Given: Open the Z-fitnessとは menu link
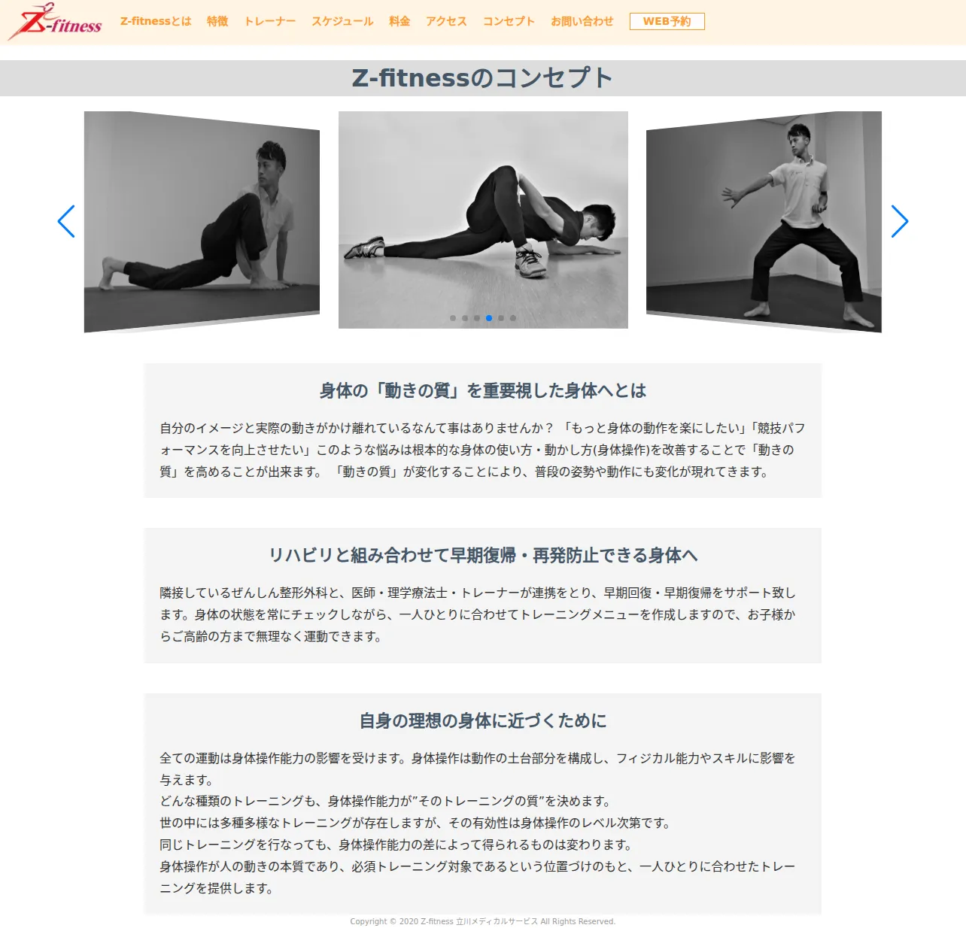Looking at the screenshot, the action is click(x=156, y=21).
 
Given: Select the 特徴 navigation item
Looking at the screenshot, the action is click(x=217, y=21).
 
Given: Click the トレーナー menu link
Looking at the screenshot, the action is click(x=269, y=21).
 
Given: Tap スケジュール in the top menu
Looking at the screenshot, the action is click(x=342, y=21).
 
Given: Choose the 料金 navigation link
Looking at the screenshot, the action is click(x=399, y=21).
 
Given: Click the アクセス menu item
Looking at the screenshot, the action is click(x=446, y=21).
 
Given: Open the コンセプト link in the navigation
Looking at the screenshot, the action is click(x=509, y=21).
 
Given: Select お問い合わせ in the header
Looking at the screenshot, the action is click(x=582, y=21).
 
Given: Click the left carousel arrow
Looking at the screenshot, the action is click(x=66, y=221).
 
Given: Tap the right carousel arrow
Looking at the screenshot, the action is click(x=900, y=221).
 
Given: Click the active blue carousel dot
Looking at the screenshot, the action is click(x=489, y=318).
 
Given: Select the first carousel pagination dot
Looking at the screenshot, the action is click(x=453, y=318).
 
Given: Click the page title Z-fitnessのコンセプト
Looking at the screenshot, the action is click(x=482, y=78).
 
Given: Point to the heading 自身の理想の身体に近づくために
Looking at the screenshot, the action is click(x=482, y=720).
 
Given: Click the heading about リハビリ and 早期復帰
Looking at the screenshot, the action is click(x=482, y=555).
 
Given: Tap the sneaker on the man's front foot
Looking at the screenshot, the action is click(x=530, y=261).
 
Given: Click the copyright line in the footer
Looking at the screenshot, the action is click(x=482, y=921).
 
